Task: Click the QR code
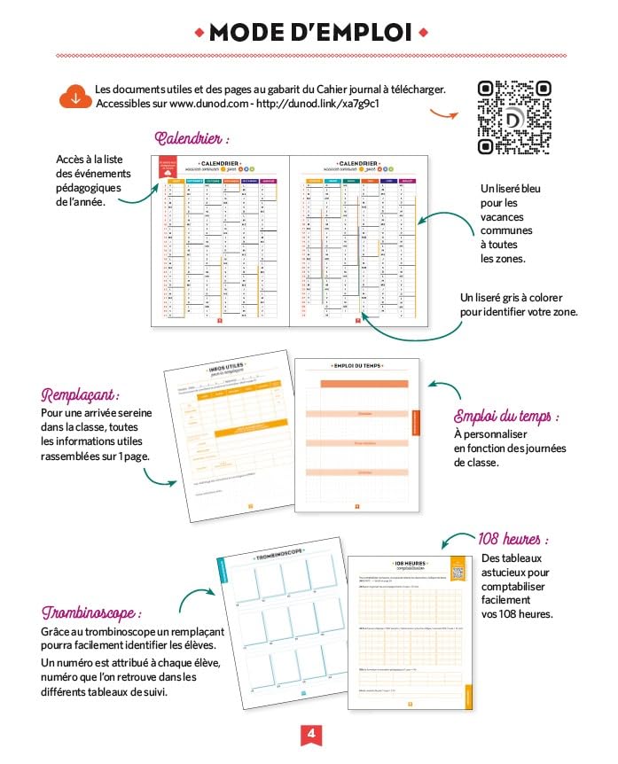[x=514, y=117]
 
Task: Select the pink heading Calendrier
[x=192, y=139]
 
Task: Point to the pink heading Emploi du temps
[x=507, y=417]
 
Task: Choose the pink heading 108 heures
[x=513, y=539]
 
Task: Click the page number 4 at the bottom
[x=310, y=734]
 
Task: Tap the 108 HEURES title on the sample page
[x=409, y=563]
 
